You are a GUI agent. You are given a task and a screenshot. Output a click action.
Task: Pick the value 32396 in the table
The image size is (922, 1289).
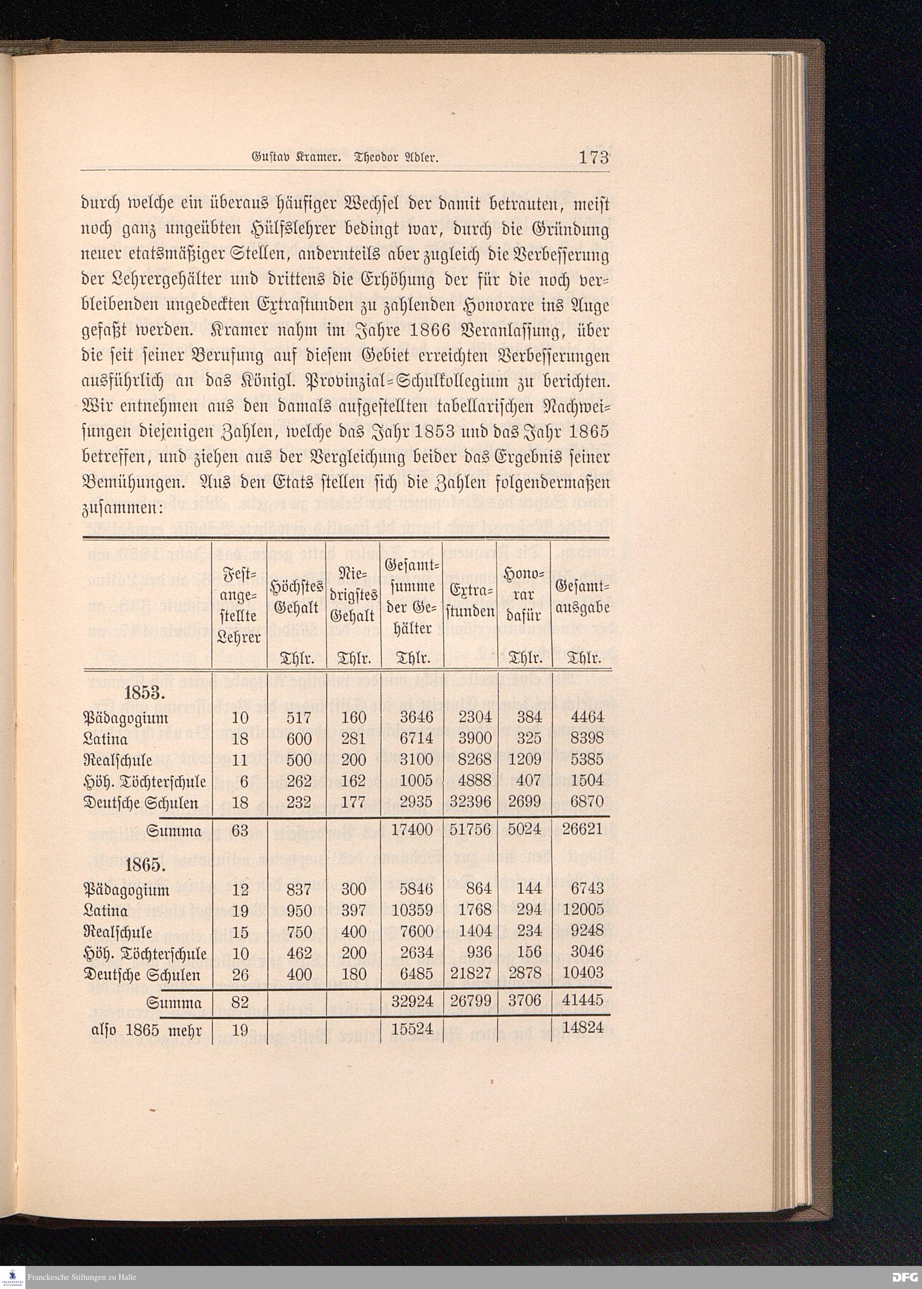(x=470, y=803)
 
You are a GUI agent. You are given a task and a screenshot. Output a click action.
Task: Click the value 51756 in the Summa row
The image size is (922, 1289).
(x=470, y=830)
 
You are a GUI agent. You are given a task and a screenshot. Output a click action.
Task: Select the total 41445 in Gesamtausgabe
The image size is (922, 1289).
(x=583, y=999)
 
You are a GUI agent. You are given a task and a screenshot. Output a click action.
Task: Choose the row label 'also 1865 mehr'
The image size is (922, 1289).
(x=147, y=1029)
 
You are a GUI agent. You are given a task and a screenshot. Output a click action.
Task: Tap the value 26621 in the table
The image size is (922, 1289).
(x=583, y=830)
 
